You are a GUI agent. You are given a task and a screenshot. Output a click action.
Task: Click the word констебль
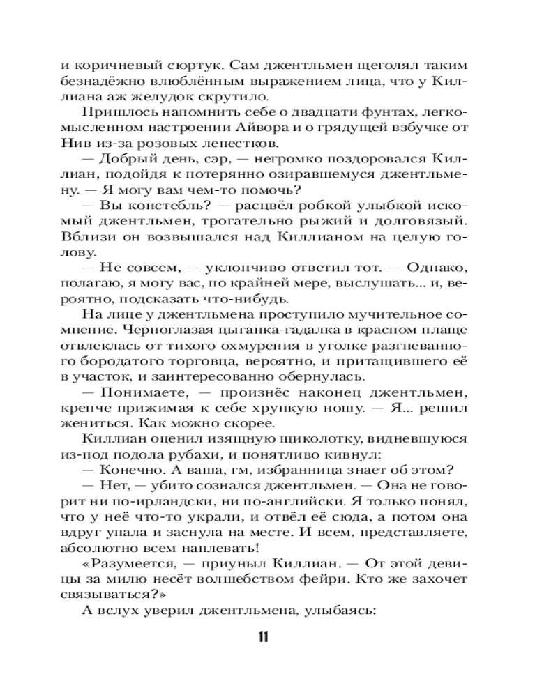click(x=147, y=206)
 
